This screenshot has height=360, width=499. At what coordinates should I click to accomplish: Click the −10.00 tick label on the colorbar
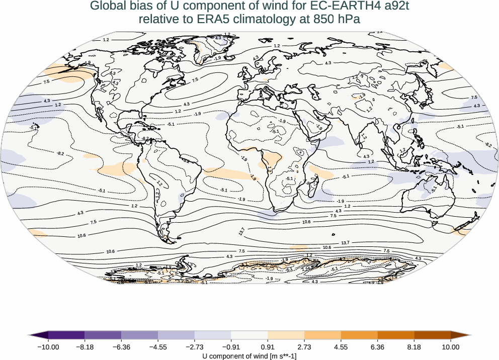click(x=48, y=347)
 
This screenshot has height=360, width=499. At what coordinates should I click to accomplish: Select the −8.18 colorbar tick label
click(x=85, y=347)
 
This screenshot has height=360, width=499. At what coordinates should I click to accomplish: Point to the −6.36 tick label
click(x=121, y=347)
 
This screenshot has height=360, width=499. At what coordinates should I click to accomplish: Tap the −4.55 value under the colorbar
click(x=158, y=347)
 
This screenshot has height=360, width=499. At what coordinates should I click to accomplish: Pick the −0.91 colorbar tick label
click(x=231, y=347)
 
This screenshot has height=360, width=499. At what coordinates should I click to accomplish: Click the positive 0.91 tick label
click(x=268, y=347)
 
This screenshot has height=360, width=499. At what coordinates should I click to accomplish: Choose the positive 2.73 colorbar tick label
click(x=304, y=347)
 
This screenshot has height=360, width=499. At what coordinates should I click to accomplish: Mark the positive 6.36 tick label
click(x=377, y=347)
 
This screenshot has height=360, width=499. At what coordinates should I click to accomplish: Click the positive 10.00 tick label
click(x=451, y=347)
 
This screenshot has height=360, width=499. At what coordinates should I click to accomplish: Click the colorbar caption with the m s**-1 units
click(x=249, y=356)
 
